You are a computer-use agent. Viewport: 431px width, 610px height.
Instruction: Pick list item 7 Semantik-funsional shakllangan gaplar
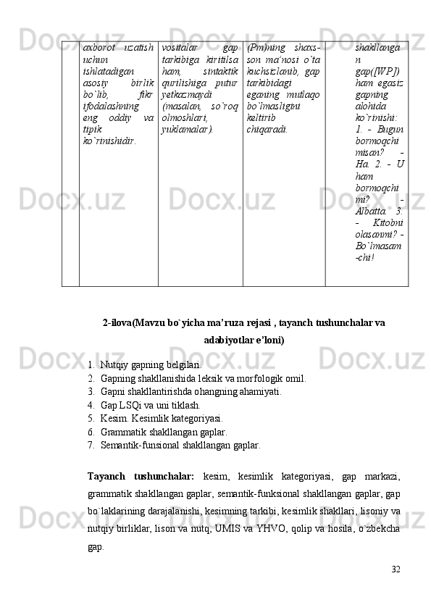pos(180,446)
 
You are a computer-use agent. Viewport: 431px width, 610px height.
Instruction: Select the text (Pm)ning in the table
pos(264,47)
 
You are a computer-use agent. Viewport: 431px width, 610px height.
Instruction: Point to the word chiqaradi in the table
pos(267,130)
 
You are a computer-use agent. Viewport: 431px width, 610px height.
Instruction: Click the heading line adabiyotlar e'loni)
pos(243,340)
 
